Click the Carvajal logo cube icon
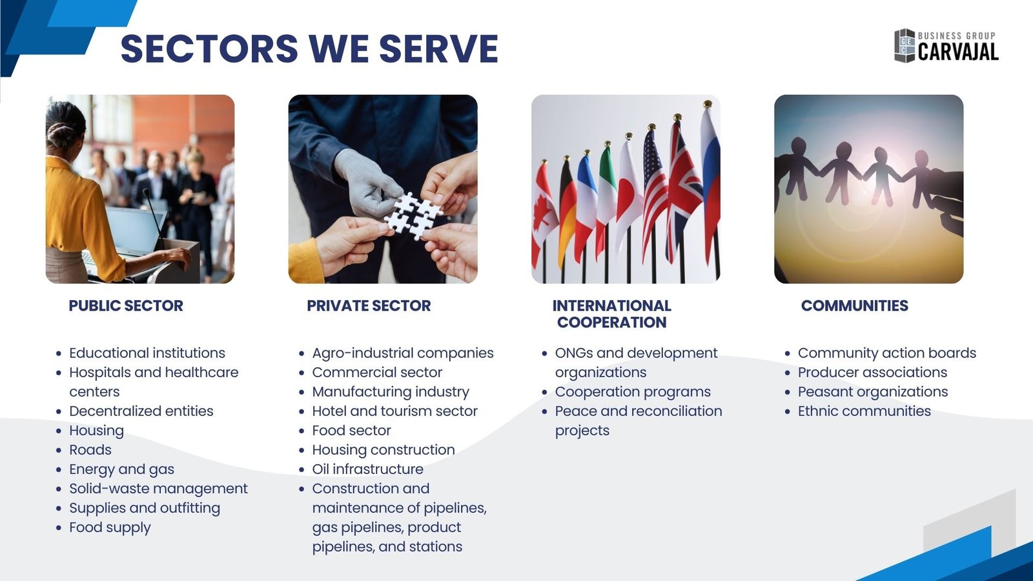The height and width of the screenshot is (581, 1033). [905, 45]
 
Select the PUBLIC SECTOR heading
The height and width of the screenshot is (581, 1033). [126, 306]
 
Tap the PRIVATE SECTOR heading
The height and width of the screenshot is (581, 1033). [369, 306]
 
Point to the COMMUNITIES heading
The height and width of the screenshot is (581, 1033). [855, 306]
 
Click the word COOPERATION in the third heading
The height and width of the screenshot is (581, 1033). [611, 322]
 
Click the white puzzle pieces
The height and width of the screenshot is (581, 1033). [413, 216]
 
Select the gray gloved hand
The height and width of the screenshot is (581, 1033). [367, 183]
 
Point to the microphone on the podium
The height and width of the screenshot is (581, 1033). [154, 217]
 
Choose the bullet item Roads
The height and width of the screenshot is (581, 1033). [90, 449]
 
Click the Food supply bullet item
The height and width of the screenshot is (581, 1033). [110, 527]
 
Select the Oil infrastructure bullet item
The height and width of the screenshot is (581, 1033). [367, 469]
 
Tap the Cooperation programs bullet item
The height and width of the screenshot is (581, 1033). [633, 392]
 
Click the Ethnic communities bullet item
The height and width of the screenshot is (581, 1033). [864, 411]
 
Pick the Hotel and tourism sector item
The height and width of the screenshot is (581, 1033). [394, 411]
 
